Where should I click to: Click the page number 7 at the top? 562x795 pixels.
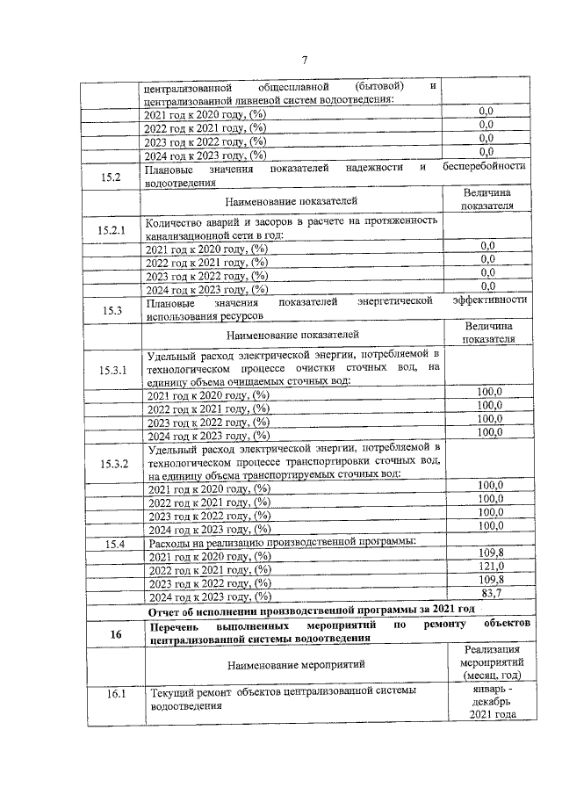pos(304,61)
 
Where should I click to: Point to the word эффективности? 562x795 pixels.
pos(489,300)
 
